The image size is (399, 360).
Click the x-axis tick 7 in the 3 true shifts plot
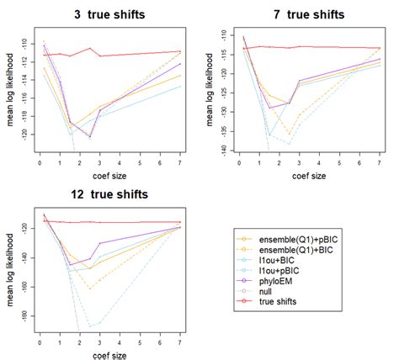(181, 162)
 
